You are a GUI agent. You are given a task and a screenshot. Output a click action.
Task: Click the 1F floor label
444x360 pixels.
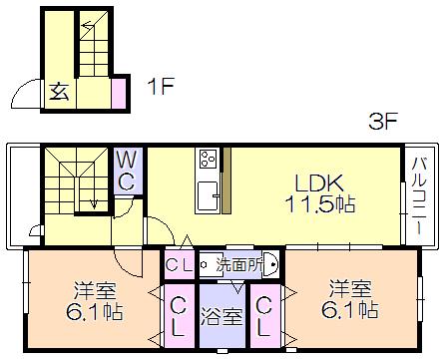click(x=162, y=86)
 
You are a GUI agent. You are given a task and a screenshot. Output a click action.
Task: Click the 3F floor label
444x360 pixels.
click(x=383, y=121)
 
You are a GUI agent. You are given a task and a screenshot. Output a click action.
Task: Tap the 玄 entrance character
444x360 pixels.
click(x=59, y=91)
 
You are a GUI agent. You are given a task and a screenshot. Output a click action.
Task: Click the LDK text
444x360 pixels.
click(x=319, y=183)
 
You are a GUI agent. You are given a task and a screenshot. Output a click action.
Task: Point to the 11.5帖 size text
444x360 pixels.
click(x=320, y=203)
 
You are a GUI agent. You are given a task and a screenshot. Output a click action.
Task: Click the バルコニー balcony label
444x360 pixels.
click(x=420, y=196)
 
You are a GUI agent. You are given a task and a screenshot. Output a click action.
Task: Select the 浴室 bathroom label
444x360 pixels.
click(x=222, y=317)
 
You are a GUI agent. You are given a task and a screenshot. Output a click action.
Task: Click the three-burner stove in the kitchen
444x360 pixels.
click(x=209, y=159)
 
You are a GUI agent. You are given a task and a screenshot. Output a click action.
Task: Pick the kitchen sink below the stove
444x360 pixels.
click(x=208, y=196)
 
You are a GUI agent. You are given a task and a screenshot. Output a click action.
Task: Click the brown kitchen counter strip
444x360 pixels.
click(x=226, y=180)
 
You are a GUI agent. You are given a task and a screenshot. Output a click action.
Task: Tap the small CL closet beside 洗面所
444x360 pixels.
click(x=180, y=265)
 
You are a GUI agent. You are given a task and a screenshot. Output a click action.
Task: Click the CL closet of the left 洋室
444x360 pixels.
click(x=179, y=316)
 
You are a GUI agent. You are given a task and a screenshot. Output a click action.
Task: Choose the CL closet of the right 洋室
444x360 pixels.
click(x=264, y=316)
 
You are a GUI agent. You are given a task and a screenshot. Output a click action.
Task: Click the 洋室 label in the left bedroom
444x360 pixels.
click(x=95, y=290)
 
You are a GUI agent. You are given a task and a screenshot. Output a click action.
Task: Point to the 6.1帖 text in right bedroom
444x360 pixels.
click(x=350, y=310)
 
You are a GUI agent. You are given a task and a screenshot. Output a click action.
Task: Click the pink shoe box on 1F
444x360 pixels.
click(x=119, y=93)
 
